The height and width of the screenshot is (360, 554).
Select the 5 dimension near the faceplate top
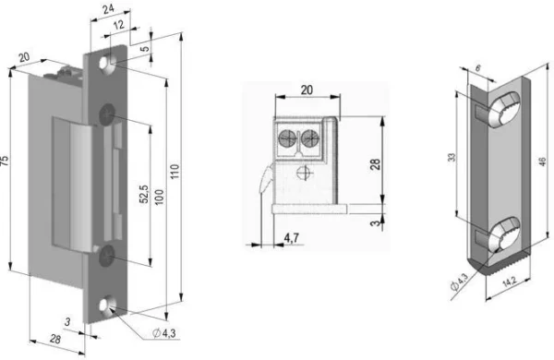tap(145, 46)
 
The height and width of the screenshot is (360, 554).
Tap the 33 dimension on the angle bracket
tap(452, 157)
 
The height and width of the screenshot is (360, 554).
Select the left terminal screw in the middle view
tap(289, 139)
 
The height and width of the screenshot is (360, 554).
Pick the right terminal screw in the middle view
tap(312, 139)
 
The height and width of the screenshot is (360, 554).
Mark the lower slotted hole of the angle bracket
tap(500, 234)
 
